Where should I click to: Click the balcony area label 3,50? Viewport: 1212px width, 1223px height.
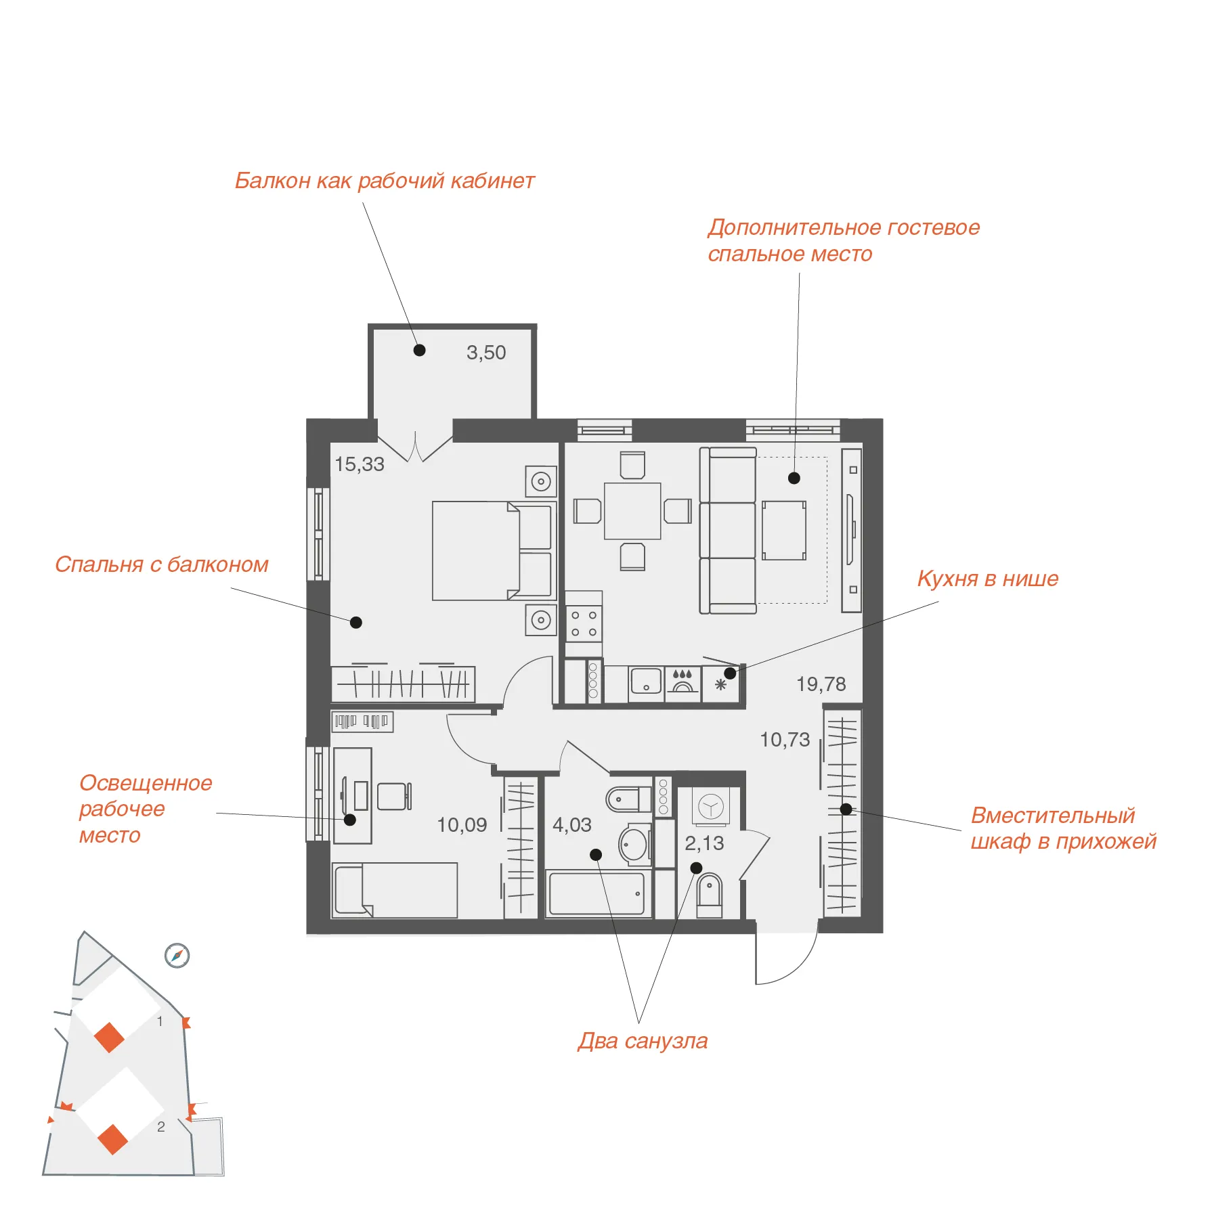point(486,353)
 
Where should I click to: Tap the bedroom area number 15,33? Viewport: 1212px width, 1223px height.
point(360,464)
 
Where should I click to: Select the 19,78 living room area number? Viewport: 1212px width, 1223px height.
point(821,684)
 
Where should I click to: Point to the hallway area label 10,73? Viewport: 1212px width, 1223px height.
point(785,740)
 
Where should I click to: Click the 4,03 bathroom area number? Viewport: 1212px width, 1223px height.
point(572,825)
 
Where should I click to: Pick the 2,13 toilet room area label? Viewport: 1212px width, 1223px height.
point(704,843)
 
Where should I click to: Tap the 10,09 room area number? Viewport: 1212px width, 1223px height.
point(462,825)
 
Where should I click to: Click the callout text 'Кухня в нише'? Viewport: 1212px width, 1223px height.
point(988,579)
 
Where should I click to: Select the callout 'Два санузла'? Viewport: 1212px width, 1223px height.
point(643,1041)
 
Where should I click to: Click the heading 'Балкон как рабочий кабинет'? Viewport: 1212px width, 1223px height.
point(385,181)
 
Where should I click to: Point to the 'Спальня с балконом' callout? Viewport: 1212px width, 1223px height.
point(162,564)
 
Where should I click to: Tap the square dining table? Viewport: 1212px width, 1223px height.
point(632,511)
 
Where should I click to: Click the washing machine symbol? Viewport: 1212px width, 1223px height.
point(711,807)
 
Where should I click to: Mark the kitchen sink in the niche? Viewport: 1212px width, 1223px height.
point(646,682)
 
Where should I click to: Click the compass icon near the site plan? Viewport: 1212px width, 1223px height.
point(177,956)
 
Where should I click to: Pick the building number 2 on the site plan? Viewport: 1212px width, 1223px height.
point(161,1127)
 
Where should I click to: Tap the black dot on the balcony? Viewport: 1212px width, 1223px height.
point(420,350)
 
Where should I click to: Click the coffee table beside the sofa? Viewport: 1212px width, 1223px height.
point(784,531)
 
